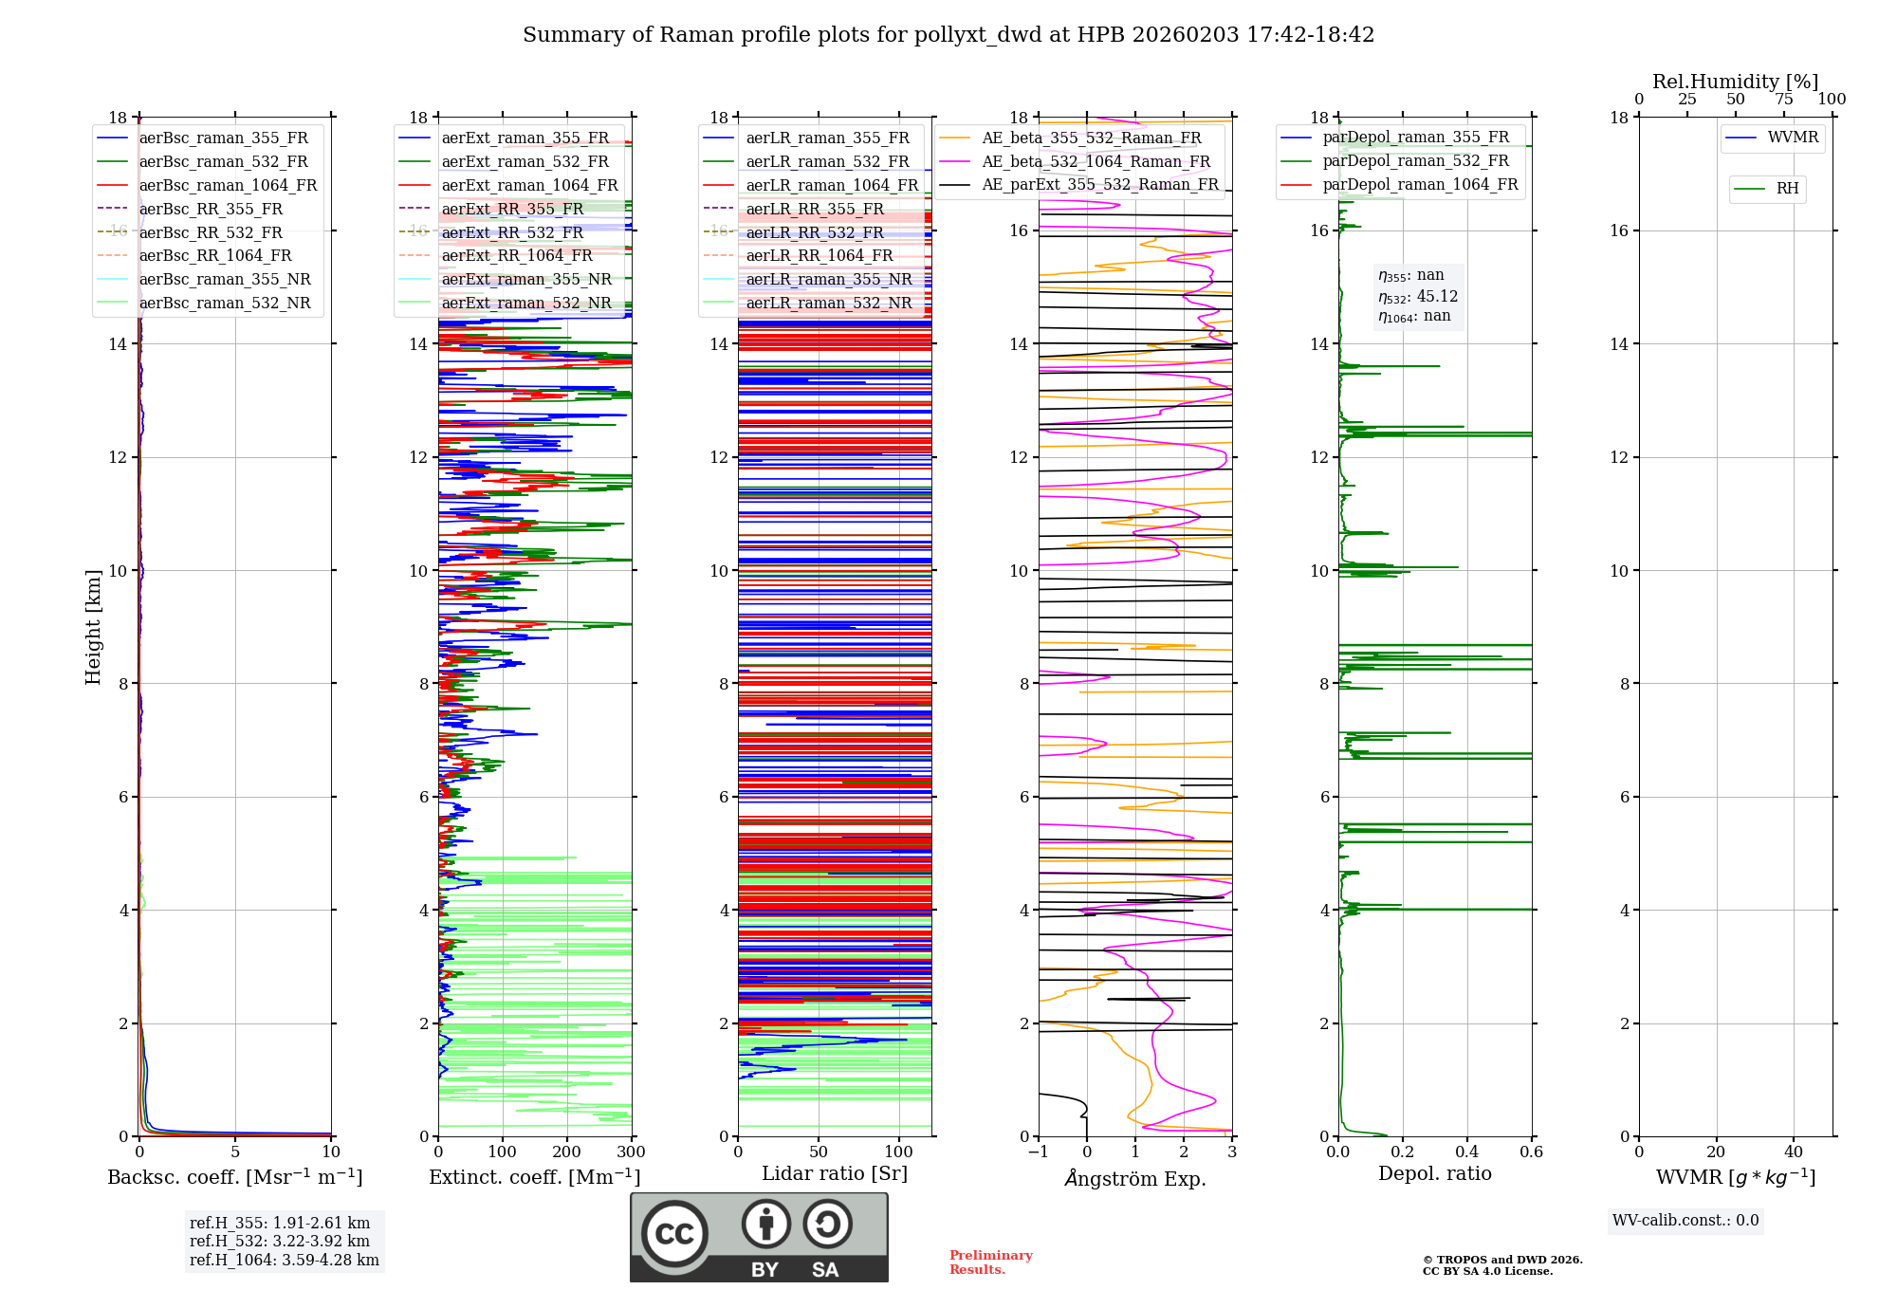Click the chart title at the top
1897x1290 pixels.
pyautogui.click(x=948, y=35)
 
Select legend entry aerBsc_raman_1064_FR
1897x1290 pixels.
pyautogui.click(x=228, y=186)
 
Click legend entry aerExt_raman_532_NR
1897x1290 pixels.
pyautogui.click(x=526, y=304)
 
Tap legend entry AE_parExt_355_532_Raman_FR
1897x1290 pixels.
pyautogui.click(x=1100, y=185)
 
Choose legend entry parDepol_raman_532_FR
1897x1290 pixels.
pyautogui.click(x=1415, y=161)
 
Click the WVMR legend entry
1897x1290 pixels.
pyautogui.click(x=1793, y=138)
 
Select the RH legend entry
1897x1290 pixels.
pyautogui.click(x=1787, y=189)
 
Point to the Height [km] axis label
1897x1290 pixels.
pyautogui.click(x=93, y=626)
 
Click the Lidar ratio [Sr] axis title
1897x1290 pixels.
pyautogui.click(x=835, y=1174)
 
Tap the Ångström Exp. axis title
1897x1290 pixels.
pyautogui.click(x=1135, y=1179)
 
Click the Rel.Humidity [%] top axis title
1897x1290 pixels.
pyautogui.click(x=1735, y=82)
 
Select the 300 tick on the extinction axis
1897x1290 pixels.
pyautogui.click(x=631, y=1152)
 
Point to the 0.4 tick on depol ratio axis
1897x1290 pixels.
pyautogui.click(x=1466, y=1152)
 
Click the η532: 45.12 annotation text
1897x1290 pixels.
pyautogui.click(x=1418, y=297)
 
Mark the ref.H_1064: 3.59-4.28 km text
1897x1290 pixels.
pyautogui.click(x=285, y=1261)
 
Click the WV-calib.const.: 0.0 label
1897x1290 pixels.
pyautogui.click(x=1685, y=1221)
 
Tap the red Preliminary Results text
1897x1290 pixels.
pyautogui.click(x=990, y=1262)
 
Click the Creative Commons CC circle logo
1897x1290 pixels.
pyautogui.click(x=675, y=1234)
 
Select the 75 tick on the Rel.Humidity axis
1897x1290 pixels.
pyautogui.click(x=1783, y=100)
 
